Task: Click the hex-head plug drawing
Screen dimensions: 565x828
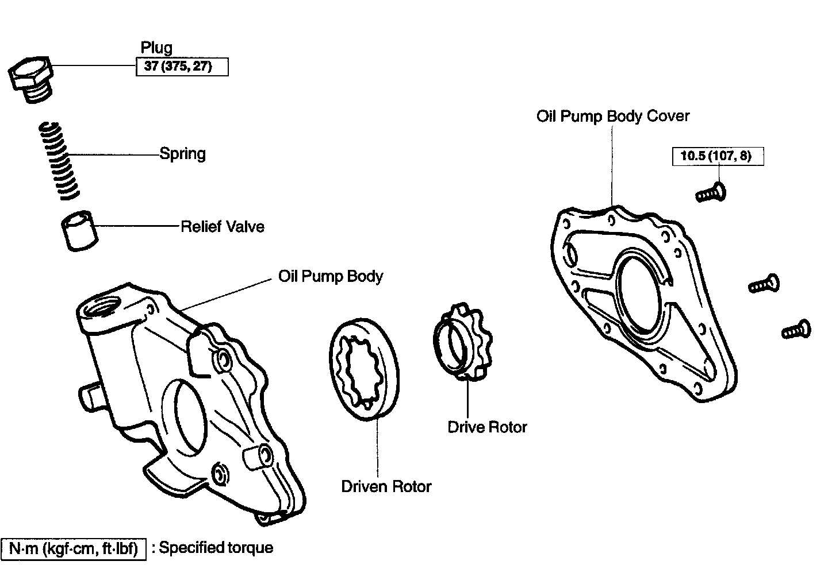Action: coord(32,79)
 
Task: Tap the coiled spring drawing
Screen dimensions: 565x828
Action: coord(58,161)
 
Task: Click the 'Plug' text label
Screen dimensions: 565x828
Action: coord(156,48)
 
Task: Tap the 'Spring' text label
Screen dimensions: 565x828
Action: coord(182,154)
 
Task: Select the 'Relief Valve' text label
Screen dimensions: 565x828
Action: coord(223,227)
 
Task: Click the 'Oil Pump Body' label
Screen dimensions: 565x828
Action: coord(331,276)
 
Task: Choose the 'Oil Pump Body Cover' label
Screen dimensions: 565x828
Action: coord(613,116)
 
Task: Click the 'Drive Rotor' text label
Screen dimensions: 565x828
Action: coord(487,427)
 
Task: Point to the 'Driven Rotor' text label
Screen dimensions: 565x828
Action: coord(386,487)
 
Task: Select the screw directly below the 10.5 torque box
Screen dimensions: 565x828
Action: coord(711,192)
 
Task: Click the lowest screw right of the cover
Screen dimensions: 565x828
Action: coord(796,330)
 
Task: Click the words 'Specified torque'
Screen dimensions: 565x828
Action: coord(216,548)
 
